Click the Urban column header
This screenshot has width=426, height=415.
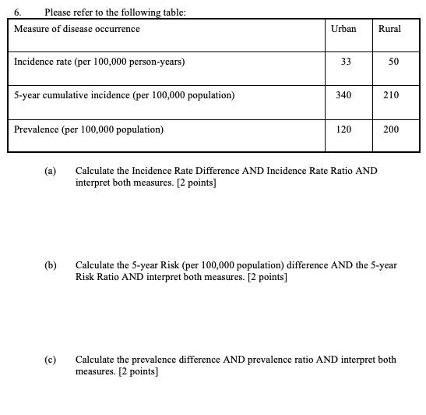point(343,29)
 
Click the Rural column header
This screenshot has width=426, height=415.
point(389,29)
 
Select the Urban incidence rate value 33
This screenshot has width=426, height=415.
point(344,62)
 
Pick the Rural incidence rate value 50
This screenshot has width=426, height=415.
point(392,62)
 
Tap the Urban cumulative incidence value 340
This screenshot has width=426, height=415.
point(343,95)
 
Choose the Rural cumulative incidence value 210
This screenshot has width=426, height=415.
point(391,95)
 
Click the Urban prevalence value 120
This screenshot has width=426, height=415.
point(343,129)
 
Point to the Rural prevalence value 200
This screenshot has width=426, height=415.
point(391,129)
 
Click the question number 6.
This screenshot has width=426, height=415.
point(17,12)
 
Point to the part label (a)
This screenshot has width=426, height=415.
point(51,171)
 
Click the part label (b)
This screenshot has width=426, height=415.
point(51,265)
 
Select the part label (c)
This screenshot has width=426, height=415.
point(51,360)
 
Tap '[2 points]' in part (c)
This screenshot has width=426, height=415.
point(138,372)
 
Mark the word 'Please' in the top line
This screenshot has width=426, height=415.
point(58,12)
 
